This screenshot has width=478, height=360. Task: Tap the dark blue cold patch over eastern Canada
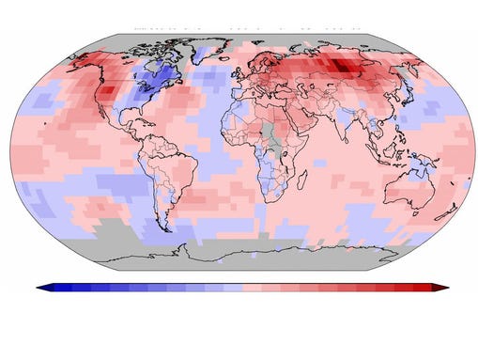pos(162,75)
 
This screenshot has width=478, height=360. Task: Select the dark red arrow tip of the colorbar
pos(443,287)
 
